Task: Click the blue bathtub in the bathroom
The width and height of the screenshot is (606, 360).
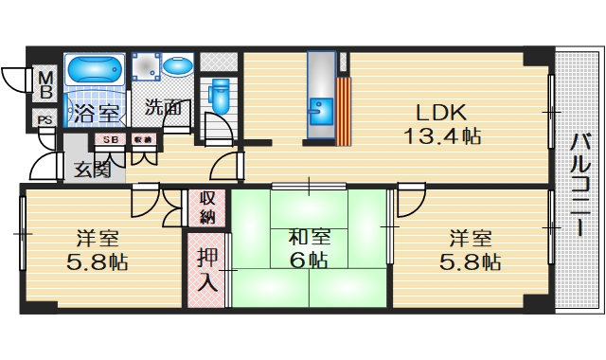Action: click(x=95, y=70)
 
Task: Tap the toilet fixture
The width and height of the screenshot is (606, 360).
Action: click(x=220, y=95)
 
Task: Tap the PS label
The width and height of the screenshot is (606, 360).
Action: click(x=45, y=120)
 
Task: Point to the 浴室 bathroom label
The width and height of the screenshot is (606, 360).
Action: click(x=94, y=113)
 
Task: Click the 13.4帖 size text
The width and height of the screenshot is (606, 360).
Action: click(x=442, y=135)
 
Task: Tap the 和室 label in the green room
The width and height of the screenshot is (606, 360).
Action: click(x=309, y=235)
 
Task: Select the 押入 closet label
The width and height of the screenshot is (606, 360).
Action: click(x=207, y=269)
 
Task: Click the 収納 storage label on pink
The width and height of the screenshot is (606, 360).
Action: click(x=207, y=208)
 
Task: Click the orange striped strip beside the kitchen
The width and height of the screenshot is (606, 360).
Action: click(x=345, y=110)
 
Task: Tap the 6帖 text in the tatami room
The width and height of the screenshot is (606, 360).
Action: click(x=309, y=261)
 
